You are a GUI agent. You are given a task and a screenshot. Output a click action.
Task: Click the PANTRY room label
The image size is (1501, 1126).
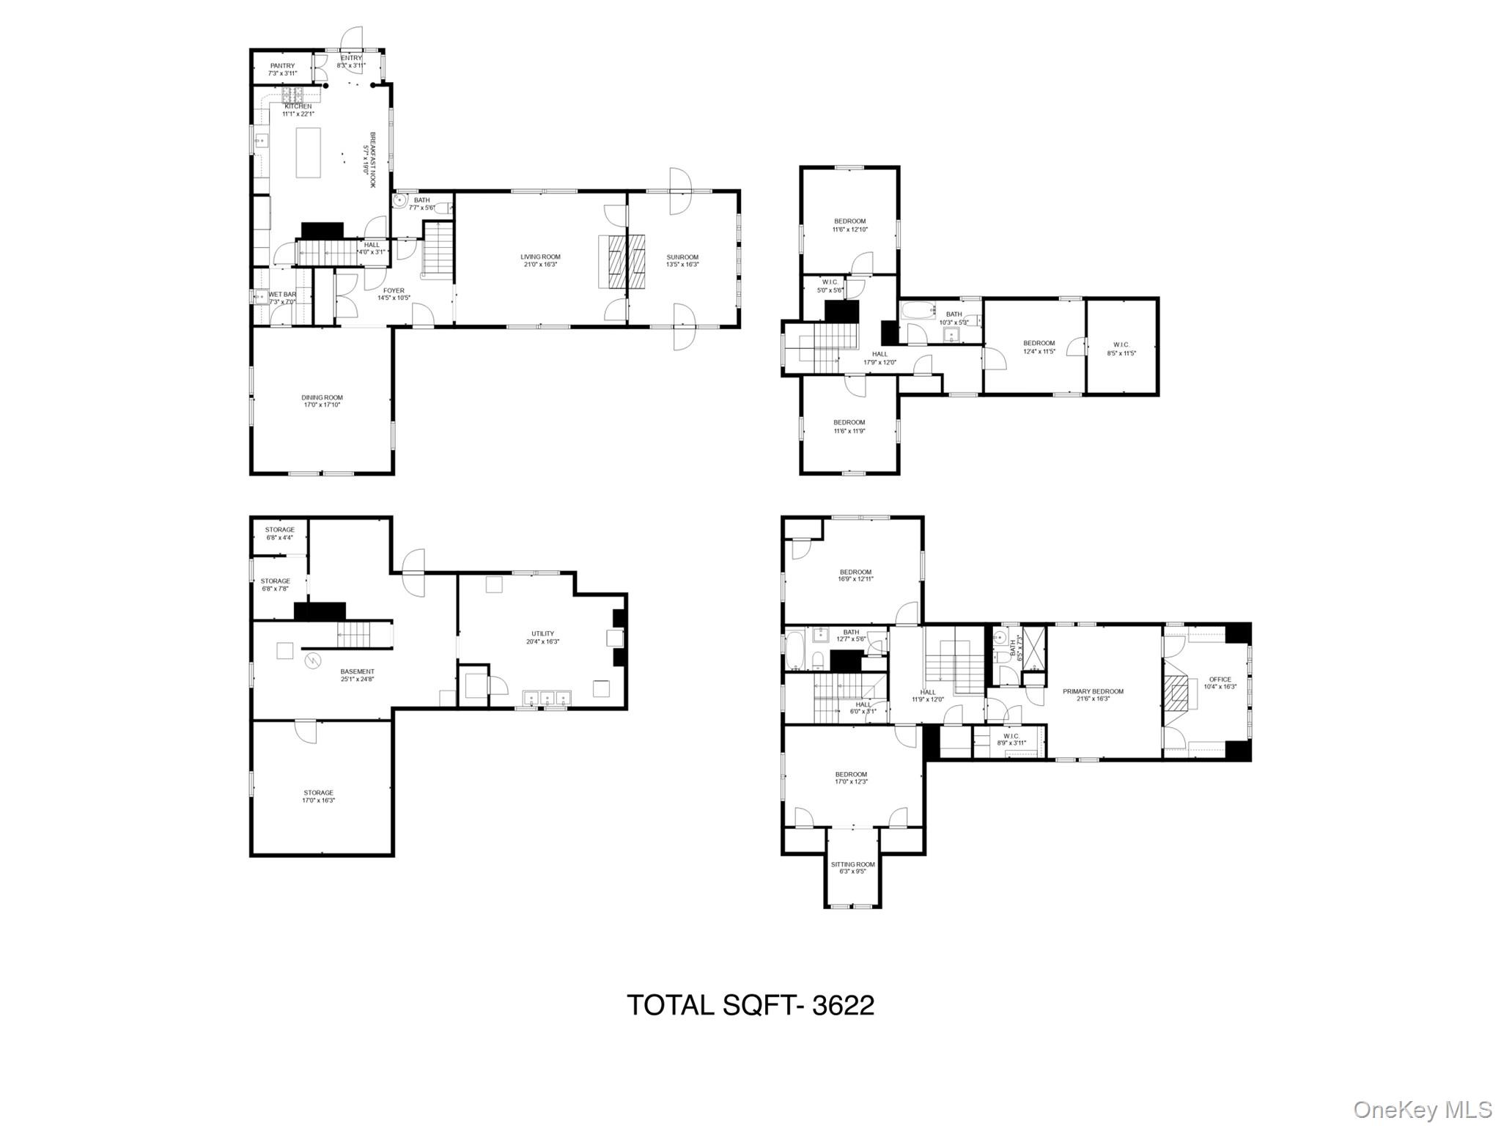282,66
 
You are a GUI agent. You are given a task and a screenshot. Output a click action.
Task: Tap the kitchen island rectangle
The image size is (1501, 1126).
309,152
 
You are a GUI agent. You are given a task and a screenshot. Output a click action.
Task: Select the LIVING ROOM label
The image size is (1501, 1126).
540,257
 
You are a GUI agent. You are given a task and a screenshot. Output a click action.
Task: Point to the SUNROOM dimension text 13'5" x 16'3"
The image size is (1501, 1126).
682,265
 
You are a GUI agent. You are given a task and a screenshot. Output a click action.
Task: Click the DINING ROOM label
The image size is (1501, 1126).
322,397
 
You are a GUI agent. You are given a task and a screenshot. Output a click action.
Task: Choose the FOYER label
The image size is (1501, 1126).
394,291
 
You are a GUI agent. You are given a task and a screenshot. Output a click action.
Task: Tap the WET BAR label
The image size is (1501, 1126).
282,294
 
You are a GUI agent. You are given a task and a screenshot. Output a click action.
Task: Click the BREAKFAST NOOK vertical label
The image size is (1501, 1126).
372,160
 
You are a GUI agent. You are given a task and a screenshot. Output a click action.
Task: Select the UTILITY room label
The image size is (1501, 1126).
542,633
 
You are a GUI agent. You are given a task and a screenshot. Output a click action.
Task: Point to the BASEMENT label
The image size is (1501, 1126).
357,671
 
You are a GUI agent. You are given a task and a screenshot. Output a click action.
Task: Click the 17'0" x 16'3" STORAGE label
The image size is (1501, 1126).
319,792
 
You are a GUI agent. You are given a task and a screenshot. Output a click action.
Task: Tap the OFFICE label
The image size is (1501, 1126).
1220,680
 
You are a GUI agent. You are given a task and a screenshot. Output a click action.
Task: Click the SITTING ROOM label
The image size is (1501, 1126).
853,864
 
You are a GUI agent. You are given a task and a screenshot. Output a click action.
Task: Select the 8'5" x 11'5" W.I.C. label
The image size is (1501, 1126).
1121,345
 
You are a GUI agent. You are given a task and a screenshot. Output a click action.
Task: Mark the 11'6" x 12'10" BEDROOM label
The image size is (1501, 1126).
849,221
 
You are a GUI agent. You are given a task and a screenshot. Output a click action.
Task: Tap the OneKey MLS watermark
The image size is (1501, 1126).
1422,1109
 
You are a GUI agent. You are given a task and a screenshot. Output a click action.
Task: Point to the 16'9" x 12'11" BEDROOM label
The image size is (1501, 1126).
855,572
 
